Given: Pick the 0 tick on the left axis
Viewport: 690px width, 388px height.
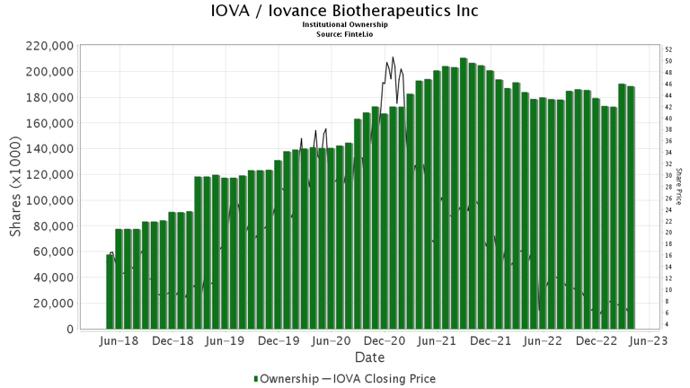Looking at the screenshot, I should (69, 330).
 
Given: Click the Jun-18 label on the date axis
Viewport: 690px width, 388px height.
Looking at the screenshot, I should (119, 342).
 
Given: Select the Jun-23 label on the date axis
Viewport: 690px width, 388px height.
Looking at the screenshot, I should (647, 342).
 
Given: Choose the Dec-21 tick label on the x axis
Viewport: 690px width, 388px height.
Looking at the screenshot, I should (491, 342).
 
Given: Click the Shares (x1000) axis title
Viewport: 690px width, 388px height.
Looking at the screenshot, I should (16, 187).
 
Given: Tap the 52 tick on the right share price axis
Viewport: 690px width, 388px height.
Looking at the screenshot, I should (669, 49).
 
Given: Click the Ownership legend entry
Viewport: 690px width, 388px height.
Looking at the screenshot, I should (286, 379).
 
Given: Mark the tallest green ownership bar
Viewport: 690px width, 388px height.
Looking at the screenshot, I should (464, 193).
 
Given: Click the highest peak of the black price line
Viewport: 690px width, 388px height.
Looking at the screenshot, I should (393, 57).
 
